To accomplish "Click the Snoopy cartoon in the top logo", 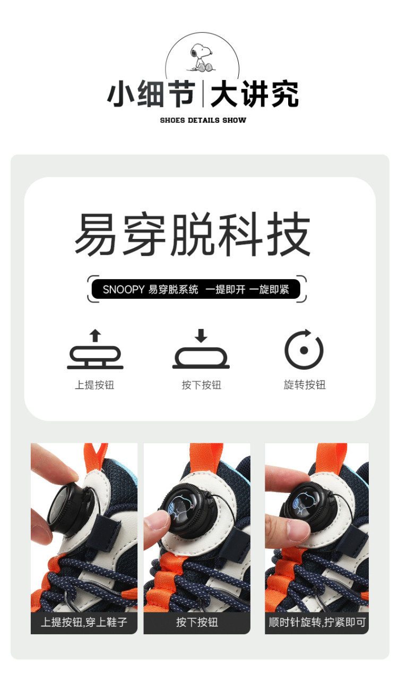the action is (x=202, y=57).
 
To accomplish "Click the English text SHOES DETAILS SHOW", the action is (x=203, y=120).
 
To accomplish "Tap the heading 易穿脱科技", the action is (x=193, y=234).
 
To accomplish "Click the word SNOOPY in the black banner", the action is (x=124, y=290).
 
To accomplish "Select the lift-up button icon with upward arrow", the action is (x=95, y=349).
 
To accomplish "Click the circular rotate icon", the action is (x=304, y=350).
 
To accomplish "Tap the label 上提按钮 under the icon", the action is (x=94, y=385).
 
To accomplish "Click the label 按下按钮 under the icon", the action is (x=201, y=385).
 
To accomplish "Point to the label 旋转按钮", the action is (x=305, y=385).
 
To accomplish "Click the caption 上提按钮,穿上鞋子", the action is (x=84, y=621).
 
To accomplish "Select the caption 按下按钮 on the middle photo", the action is (x=197, y=622).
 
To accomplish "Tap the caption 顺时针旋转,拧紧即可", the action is (x=317, y=622).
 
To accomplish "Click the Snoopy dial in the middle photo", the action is (x=188, y=508).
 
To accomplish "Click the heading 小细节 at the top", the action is (x=151, y=94).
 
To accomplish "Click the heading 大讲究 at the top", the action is (x=255, y=94).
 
